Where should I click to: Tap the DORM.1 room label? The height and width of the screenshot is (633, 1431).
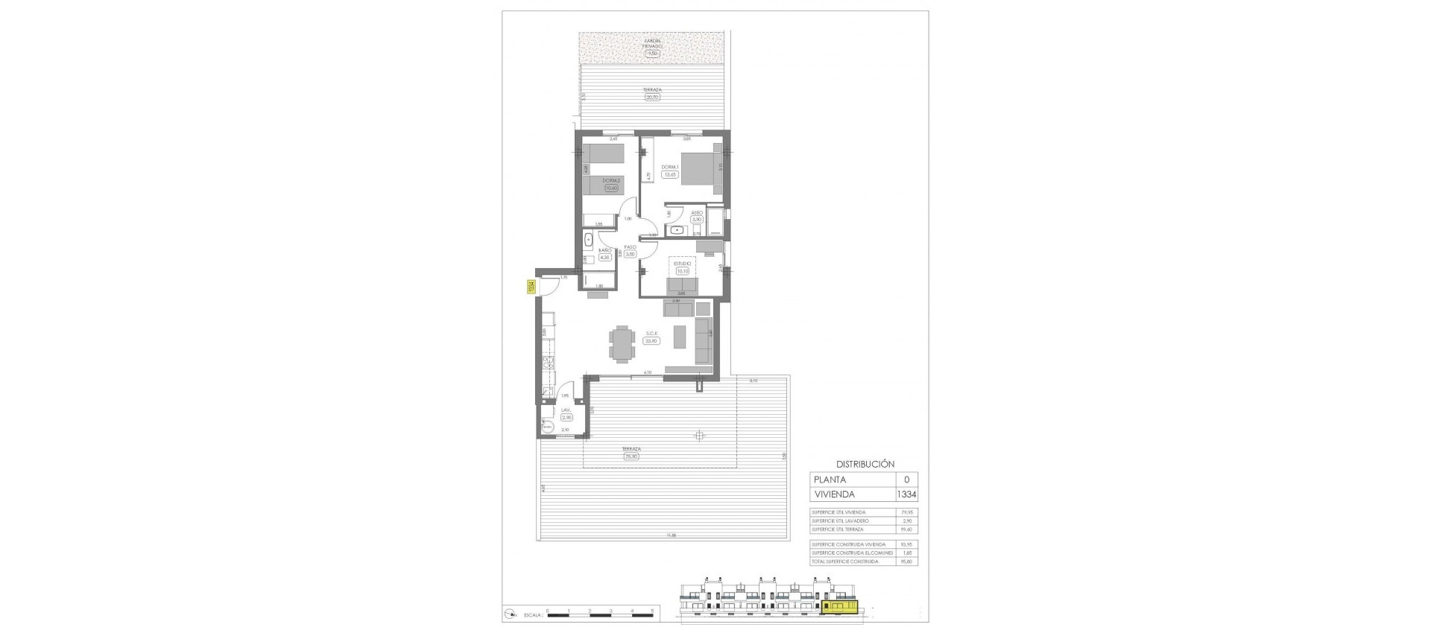click(x=669, y=167)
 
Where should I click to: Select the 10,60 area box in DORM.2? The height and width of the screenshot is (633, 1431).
click(x=612, y=188)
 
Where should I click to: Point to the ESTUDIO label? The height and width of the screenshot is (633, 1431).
click(x=683, y=263)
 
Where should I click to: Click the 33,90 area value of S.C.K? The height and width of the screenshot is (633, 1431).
click(x=651, y=341)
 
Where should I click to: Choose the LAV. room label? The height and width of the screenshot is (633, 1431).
click(x=566, y=410)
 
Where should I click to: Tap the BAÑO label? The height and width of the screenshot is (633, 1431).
click(x=604, y=250)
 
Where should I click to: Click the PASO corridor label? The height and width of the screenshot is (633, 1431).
click(x=630, y=246)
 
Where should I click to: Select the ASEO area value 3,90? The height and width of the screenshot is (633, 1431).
click(x=697, y=220)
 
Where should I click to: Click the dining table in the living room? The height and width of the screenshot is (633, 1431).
click(x=620, y=344)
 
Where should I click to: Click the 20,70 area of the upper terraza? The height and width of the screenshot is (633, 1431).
click(x=653, y=97)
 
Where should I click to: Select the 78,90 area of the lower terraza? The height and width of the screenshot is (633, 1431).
click(x=633, y=457)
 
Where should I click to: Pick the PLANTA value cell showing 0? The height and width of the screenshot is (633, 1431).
click(x=906, y=480)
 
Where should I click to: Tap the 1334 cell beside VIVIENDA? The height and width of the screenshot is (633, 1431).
click(x=906, y=494)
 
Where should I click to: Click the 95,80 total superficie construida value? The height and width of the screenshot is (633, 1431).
click(x=906, y=562)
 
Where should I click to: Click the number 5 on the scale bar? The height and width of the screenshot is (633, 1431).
click(x=652, y=610)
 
